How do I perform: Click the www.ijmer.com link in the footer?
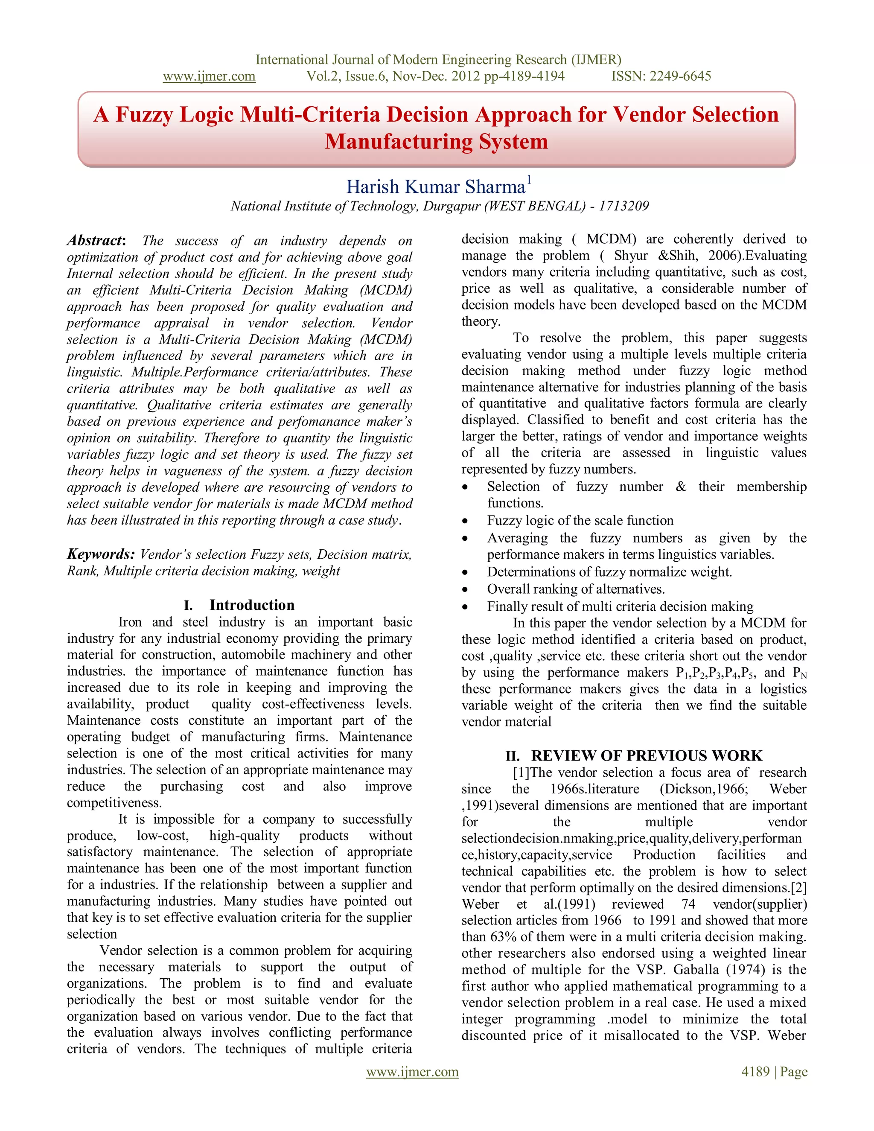tap(412, 1071)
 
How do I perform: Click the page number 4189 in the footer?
tap(755, 1071)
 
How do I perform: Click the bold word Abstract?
tap(95, 240)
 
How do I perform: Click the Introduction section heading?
tap(252, 605)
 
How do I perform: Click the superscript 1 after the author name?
tap(529, 179)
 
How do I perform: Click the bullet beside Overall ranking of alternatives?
tap(466, 589)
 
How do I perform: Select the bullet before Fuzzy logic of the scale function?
tap(466, 521)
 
